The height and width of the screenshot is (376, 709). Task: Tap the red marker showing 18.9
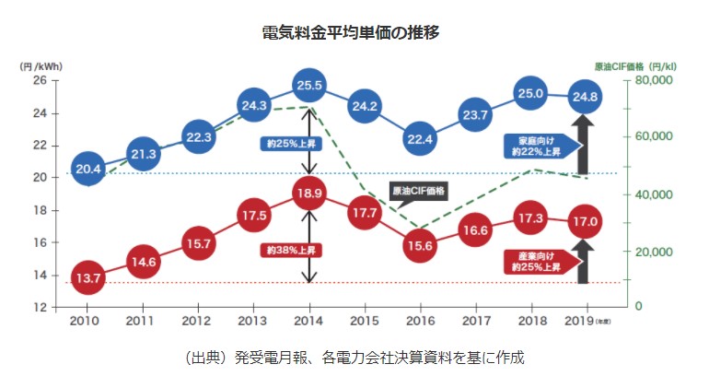(309, 193)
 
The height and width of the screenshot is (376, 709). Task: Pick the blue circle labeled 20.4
(88, 169)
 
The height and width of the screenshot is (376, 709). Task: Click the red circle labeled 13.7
(88, 276)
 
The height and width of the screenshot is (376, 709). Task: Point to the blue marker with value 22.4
(420, 138)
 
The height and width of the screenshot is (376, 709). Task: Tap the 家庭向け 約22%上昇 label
(537, 145)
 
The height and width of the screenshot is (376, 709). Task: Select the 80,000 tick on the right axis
(654, 80)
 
